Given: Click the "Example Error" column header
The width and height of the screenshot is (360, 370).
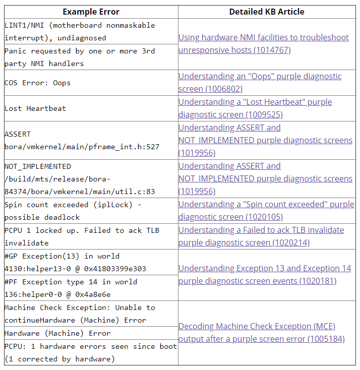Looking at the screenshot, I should pyautogui.click(x=90, y=12).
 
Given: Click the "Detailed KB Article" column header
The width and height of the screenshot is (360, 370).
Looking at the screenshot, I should pyautogui.click(x=267, y=12).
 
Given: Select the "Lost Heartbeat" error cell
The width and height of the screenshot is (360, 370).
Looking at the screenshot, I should pyautogui.click(x=35, y=108).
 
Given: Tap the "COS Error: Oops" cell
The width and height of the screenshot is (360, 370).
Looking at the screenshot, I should pyautogui.click(x=37, y=83).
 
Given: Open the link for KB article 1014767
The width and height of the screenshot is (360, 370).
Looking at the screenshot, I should pyautogui.click(x=263, y=44).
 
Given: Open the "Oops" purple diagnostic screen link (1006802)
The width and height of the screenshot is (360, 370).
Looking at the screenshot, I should pyautogui.click(x=260, y=83).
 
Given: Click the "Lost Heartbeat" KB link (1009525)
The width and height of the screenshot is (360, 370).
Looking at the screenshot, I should pyautogui.click(x=255, y=108).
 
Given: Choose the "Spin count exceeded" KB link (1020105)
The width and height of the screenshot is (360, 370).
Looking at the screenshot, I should pyautogui.click(x=266, y=211).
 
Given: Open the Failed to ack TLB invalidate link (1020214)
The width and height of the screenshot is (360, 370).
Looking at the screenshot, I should pyautogui.click(x=261, y=236).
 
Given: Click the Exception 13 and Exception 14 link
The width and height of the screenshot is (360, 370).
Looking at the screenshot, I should pyautogui.click(x=265, y=275).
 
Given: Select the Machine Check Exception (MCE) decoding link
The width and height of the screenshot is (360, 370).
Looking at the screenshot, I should pyautogui.click(x=261, y=333).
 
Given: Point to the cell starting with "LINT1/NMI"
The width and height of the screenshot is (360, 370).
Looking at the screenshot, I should pyautogui.click(x=80, y=31).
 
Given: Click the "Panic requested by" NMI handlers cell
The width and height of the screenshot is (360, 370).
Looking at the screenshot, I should pyautogui.click(x=80, y=57).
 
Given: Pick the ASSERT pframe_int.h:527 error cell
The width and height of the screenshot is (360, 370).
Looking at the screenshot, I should pyautogui.click(x=82, y=141).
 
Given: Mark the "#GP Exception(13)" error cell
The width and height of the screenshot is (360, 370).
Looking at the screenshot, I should pyautogui.click(x=76, y=262).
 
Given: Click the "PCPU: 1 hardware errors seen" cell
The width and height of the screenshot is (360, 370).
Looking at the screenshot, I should pyautogui.click(x=91, y=352).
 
